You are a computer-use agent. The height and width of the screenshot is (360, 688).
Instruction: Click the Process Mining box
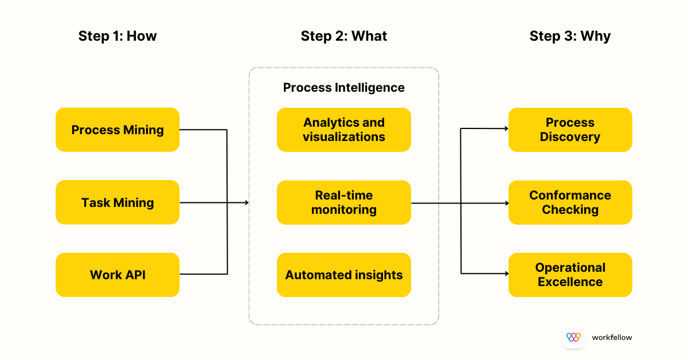(118, 130)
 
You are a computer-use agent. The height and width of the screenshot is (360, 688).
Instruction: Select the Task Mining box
(118, 202)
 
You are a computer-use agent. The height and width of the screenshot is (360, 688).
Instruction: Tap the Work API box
(118, 275)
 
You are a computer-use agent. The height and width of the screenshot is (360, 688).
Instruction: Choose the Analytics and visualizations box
(344, 130)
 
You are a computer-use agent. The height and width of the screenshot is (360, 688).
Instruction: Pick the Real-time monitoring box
(344, 202)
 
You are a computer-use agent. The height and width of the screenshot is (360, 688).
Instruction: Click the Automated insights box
(344, 275)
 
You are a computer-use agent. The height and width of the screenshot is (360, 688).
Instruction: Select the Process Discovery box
(570, 130)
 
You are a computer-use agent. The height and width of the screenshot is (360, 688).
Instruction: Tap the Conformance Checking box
(570, 202)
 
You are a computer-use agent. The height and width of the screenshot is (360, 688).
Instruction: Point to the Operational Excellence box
(570, 275)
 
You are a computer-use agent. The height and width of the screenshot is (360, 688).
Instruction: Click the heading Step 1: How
(118, 36)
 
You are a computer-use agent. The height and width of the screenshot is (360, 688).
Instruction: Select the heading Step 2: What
(344, 36)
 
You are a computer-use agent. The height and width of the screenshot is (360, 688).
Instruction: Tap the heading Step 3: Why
(570, 36)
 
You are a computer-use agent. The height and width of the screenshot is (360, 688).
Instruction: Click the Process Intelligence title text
(344, 88)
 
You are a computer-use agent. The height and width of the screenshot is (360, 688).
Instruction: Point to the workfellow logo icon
(573, 337)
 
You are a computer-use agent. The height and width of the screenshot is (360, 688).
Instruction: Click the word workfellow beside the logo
(612, 338)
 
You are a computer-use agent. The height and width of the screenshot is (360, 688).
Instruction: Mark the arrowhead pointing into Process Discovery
(506, 129)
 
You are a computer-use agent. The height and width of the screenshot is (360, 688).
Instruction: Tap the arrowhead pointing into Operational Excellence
(506, 274)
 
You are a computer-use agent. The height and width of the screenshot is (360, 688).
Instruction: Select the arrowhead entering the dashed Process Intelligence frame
(247, 202)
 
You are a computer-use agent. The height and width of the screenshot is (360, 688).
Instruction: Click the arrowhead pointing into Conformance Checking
(506, 203)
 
